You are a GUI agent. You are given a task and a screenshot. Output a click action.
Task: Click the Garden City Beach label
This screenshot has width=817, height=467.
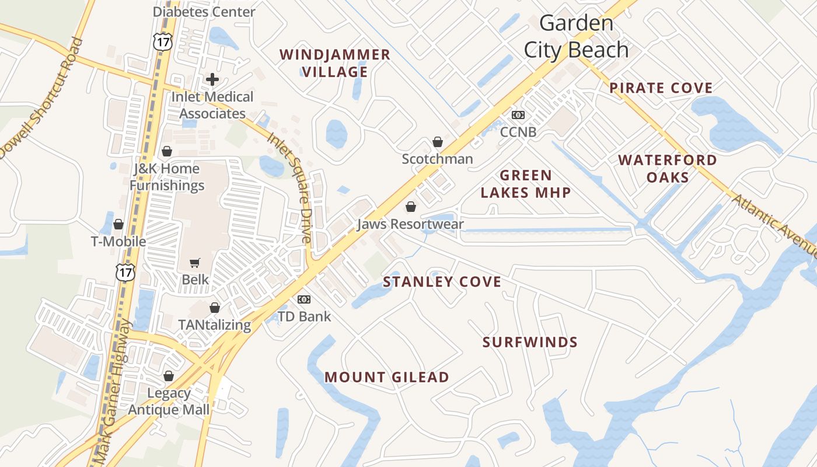point(576,37)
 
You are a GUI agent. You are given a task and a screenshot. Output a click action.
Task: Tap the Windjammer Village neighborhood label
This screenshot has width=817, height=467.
point(335,63)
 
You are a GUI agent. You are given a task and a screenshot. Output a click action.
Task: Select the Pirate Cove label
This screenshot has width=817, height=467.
point(661,88)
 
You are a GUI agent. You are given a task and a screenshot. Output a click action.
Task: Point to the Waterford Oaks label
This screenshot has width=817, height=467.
point(668,168)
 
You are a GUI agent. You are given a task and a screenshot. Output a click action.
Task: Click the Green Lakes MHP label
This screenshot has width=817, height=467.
point(525,184)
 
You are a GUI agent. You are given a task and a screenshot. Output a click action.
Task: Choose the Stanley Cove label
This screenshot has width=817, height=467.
point(442,282)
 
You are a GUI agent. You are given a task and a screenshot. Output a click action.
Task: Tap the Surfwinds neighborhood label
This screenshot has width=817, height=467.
point(530,342)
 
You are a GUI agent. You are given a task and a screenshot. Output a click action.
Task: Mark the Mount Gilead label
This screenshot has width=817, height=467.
point(387,377)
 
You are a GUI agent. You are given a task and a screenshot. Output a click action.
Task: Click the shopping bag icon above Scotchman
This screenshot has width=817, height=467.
point(437,142)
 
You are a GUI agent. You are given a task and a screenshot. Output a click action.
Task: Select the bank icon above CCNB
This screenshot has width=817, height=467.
point(518,115)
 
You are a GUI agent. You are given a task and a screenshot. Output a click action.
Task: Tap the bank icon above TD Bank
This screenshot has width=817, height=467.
point(303,299)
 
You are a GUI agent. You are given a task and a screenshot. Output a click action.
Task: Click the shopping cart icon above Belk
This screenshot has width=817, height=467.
point(195,263)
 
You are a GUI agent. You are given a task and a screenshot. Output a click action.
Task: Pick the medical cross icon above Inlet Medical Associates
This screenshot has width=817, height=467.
point(212,79)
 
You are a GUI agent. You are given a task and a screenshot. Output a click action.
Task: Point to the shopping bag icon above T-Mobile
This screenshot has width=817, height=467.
point(118,224)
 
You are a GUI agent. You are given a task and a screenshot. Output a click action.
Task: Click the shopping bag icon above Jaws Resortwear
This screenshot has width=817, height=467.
point(410,207)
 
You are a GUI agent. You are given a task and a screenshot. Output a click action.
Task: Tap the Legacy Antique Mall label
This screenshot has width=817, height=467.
point(169,401)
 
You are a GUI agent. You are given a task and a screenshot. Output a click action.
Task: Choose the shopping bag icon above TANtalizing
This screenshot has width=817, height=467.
point(215,308)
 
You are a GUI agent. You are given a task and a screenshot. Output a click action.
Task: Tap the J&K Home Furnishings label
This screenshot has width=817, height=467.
point(167,177)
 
